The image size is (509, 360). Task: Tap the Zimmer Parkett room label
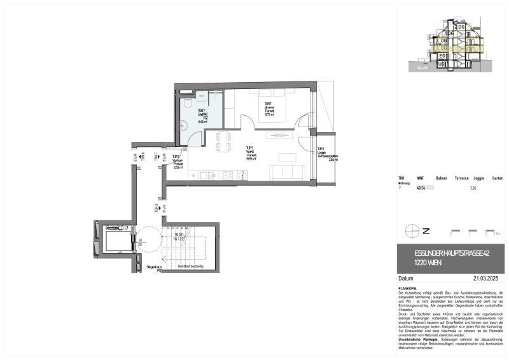268,109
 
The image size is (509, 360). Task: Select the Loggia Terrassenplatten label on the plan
329,155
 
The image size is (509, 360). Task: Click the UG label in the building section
440,64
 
